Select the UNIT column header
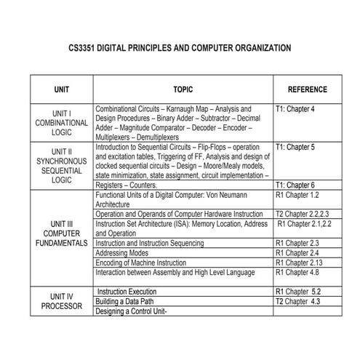62,89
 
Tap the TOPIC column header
183,89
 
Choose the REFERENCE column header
307,89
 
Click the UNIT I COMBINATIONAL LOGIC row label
62,124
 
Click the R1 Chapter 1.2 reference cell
298,196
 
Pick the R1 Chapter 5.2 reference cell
299,291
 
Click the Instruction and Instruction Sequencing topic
158,243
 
